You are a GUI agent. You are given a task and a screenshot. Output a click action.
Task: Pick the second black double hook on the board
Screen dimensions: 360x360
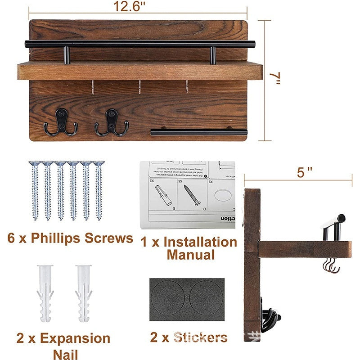pos(111,122)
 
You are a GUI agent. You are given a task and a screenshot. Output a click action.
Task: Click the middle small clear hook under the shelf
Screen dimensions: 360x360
pos(139,87)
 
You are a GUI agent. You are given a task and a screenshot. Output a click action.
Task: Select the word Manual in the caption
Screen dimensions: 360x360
pos(190,255)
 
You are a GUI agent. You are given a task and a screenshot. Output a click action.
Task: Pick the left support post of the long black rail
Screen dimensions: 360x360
pos(66,54)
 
